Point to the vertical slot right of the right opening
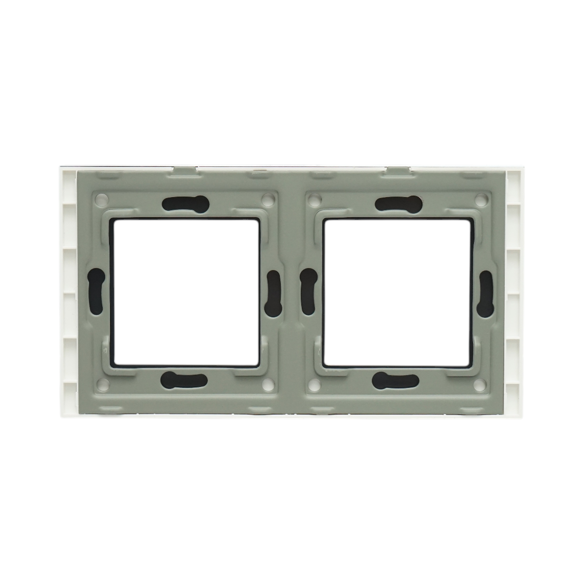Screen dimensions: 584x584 click(x=485, y=292)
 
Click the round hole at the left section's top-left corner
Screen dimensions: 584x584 click(x=101, y=199)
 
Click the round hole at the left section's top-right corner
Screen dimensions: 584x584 click(x=267, y=199)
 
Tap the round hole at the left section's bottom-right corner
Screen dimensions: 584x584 click(x=267, y=384)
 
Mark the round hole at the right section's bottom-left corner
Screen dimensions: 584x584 click(x=314, y=384)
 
